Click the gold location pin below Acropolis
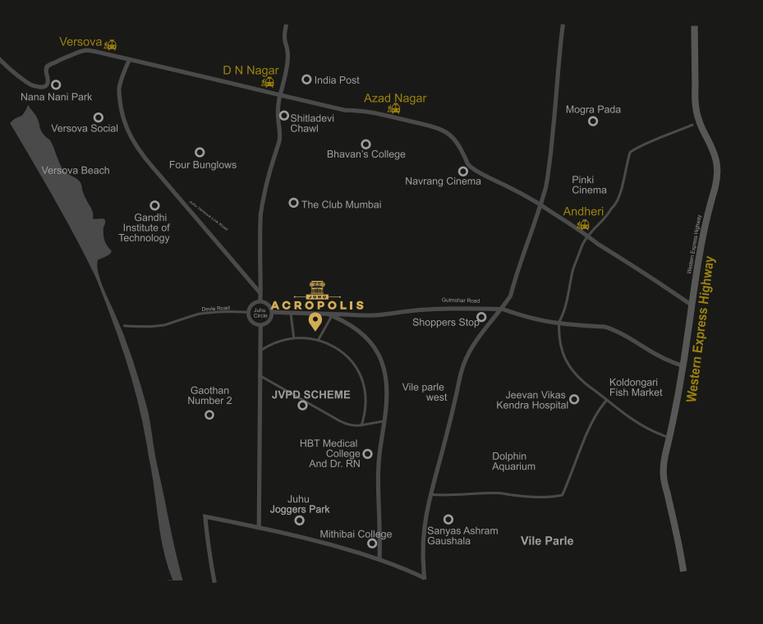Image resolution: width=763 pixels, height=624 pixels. point(315,321)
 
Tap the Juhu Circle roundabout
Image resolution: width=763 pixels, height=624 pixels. point(260,312)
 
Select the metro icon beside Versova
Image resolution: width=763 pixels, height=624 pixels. point(110,45)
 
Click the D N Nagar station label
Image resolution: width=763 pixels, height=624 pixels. point(251,71)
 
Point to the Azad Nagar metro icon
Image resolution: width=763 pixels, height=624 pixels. point(394,108)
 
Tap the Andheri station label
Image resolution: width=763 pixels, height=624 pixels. point(583,212)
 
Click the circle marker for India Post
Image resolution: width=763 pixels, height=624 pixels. point(306,80)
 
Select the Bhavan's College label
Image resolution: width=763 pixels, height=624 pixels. point(366,154)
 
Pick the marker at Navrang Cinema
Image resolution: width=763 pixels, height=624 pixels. point(463,171)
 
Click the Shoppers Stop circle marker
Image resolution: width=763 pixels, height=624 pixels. point(481,317)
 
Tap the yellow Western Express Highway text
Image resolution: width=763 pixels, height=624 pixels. point(701,329)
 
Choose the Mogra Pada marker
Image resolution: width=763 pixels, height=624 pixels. point(593,122)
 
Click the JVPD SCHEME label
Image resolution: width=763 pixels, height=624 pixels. point(310,395)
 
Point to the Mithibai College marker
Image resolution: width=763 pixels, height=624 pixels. point(372,544)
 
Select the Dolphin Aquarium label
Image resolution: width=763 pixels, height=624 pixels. point(514,461)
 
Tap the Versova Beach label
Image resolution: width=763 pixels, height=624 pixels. point(76,171)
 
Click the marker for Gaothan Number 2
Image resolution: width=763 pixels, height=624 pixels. point(209,415)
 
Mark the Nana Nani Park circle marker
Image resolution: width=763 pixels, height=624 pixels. point(56,85)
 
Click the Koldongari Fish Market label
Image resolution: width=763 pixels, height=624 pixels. point(636,388)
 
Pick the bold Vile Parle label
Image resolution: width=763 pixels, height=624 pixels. point(547,541)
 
